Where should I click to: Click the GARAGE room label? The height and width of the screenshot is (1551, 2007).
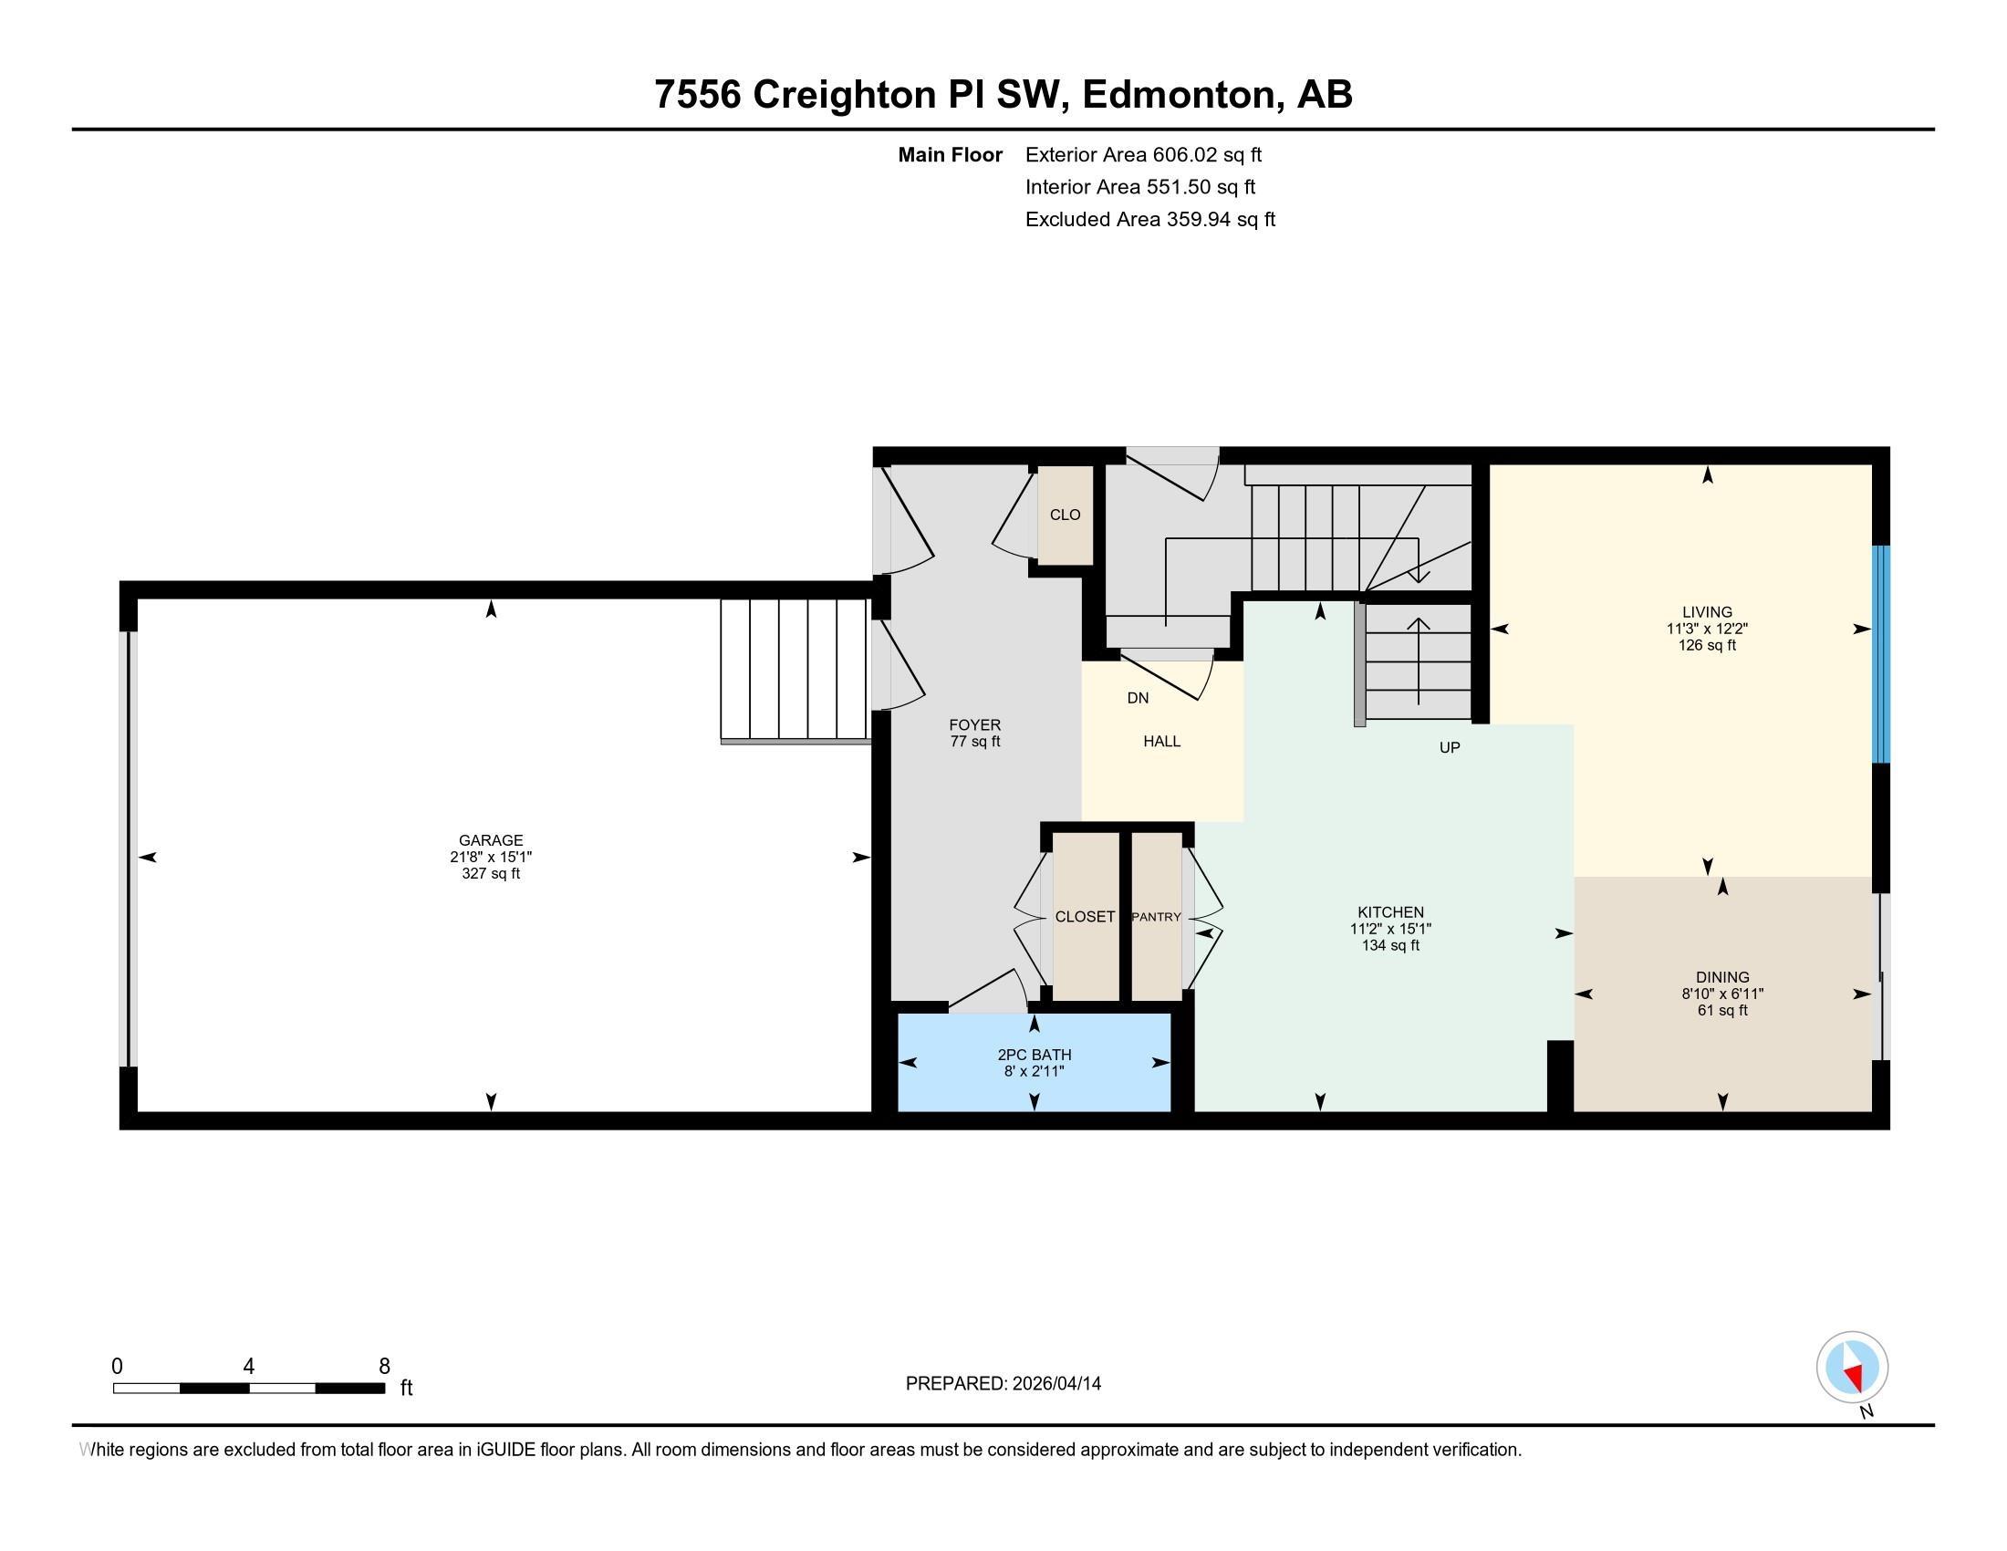(491, 839)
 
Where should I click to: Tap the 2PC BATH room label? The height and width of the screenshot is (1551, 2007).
(1034, 1055)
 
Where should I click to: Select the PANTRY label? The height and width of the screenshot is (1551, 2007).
(1156, 917)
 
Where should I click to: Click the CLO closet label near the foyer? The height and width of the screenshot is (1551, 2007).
(1065, 515)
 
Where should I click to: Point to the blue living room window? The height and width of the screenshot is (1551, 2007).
(1881, 654)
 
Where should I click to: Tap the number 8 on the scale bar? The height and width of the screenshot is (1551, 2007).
(384, 1366)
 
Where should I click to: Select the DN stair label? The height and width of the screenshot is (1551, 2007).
(1138, 697)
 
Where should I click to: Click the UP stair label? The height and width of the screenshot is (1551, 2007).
(1450, 748)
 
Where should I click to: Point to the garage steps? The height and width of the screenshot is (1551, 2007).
(794, 670)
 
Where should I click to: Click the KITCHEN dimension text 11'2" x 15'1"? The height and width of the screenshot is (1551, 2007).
(1390, 929)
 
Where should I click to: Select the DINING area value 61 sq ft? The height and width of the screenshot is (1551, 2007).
(1722, 1011)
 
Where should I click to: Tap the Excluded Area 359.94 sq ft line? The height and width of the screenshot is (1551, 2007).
(1150, 220)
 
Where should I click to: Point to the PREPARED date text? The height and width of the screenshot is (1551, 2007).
(1003, 1384)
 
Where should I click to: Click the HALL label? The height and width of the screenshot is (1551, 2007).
(1161, 742)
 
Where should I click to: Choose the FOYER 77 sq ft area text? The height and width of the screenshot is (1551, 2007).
(975, 742)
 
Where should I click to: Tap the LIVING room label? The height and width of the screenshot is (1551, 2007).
(1707, 612)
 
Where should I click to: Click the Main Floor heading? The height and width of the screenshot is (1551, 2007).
(951, 155)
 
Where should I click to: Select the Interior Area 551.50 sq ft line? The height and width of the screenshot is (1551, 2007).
(1140, 187)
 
